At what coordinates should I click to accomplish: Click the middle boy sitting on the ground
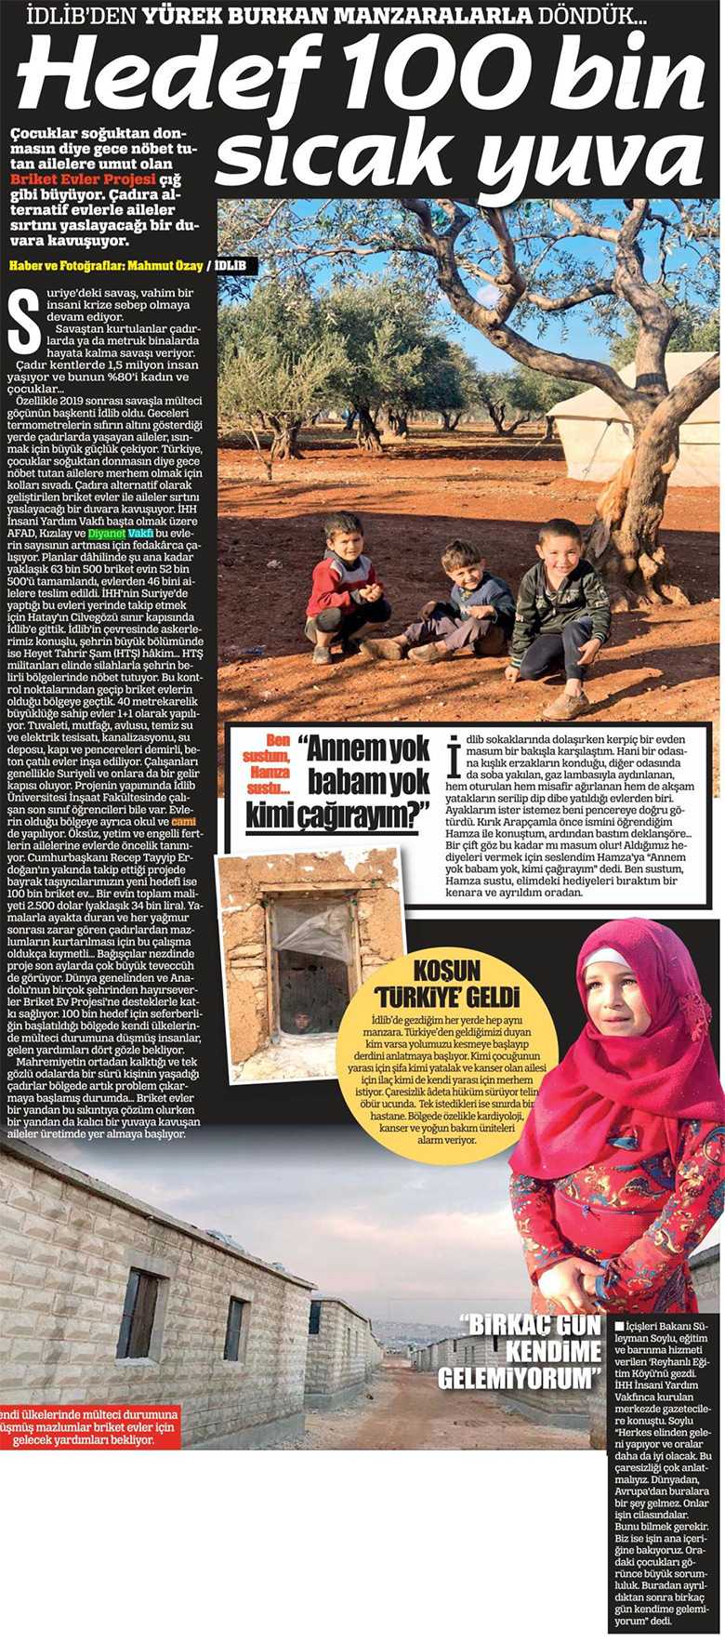[464, 600]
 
